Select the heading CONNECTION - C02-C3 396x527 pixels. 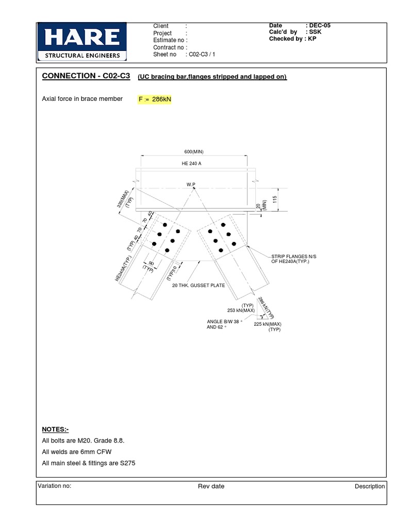click(x=86, y=76)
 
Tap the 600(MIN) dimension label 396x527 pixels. click(x=194, y=152)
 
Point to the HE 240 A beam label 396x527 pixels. click(x=194, y=163)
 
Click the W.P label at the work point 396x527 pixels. click(x=191, y=184)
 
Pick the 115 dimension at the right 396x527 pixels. click(x=275, y=199)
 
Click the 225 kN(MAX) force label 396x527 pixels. click(x=267, y=324)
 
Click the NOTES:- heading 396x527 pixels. click(x=55, y=429)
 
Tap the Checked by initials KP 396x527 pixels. click(x=312, y=39)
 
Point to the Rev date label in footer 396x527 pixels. click(x=211, y=486)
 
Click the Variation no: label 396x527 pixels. click(x=54, y=486)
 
